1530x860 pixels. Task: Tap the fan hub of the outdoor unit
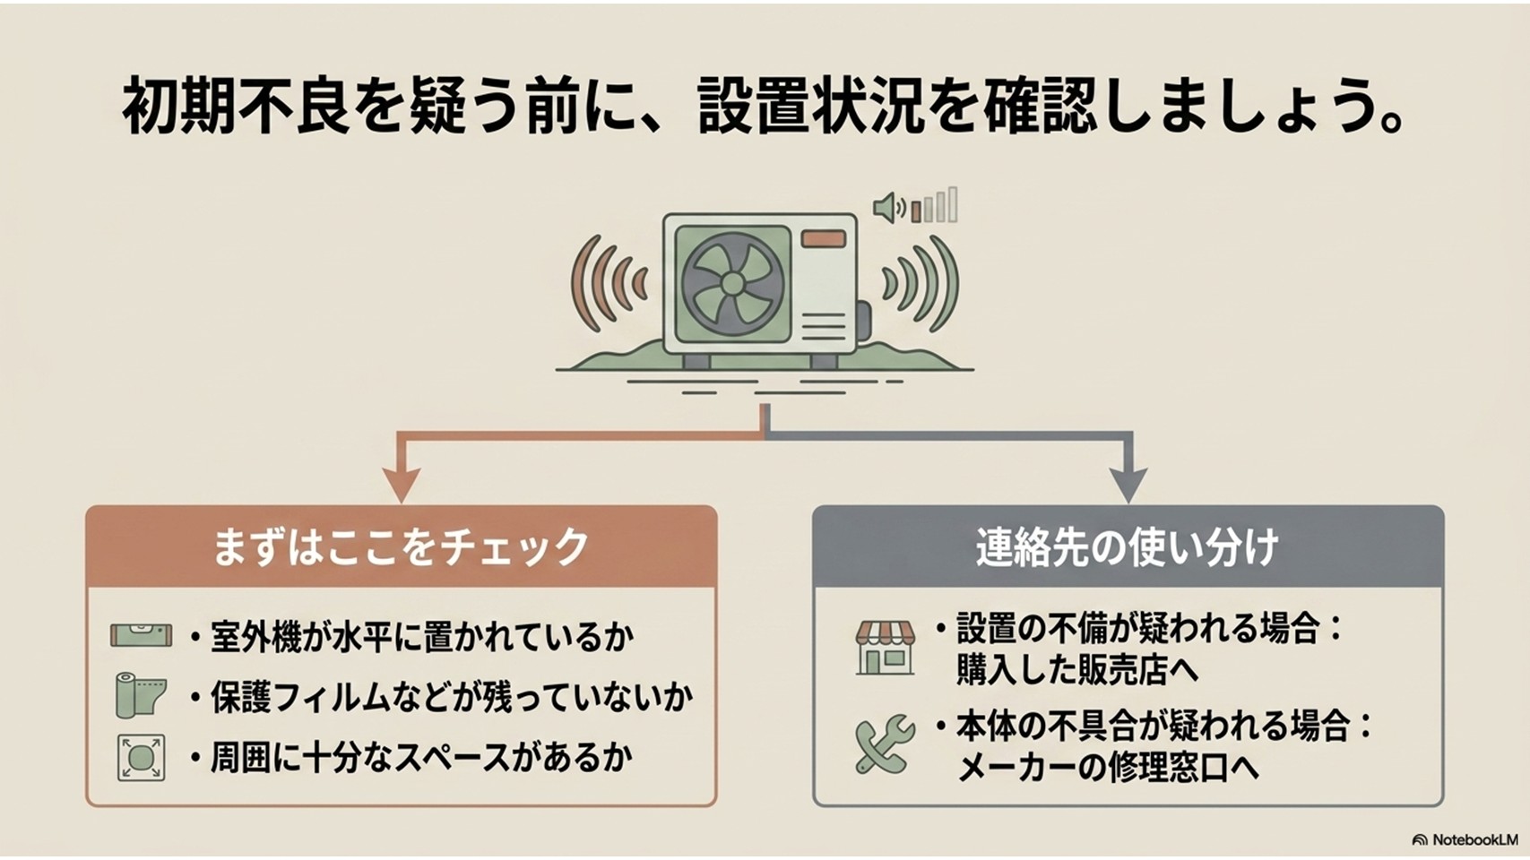click(732, 284)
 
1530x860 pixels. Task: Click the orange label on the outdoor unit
click(824, 239)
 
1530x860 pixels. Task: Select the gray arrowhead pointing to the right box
click(1128, 485)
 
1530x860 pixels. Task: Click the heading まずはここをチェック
click(401, 546)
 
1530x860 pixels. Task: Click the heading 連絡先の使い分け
click(1128, 546)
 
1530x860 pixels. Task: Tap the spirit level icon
click(141, 635)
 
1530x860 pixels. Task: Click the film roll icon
click(141, 695)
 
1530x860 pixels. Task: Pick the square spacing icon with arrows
click(141, 758)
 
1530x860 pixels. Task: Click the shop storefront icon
click(886, 648)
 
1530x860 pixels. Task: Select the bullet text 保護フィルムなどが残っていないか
click(452, 698)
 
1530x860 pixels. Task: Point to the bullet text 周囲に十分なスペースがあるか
click(421, 759)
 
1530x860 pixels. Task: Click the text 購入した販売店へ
click(1078, 669)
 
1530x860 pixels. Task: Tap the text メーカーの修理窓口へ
click(1107, 769)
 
